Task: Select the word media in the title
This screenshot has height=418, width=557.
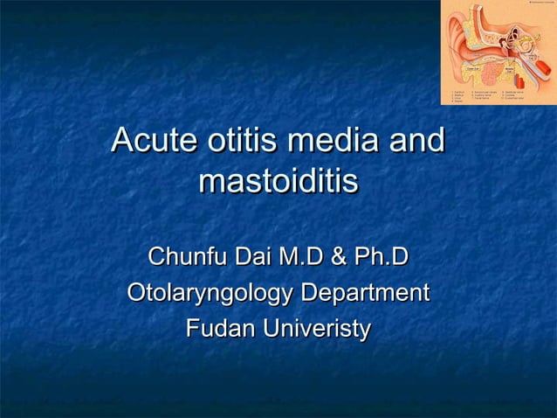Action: [x=333, y=141]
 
